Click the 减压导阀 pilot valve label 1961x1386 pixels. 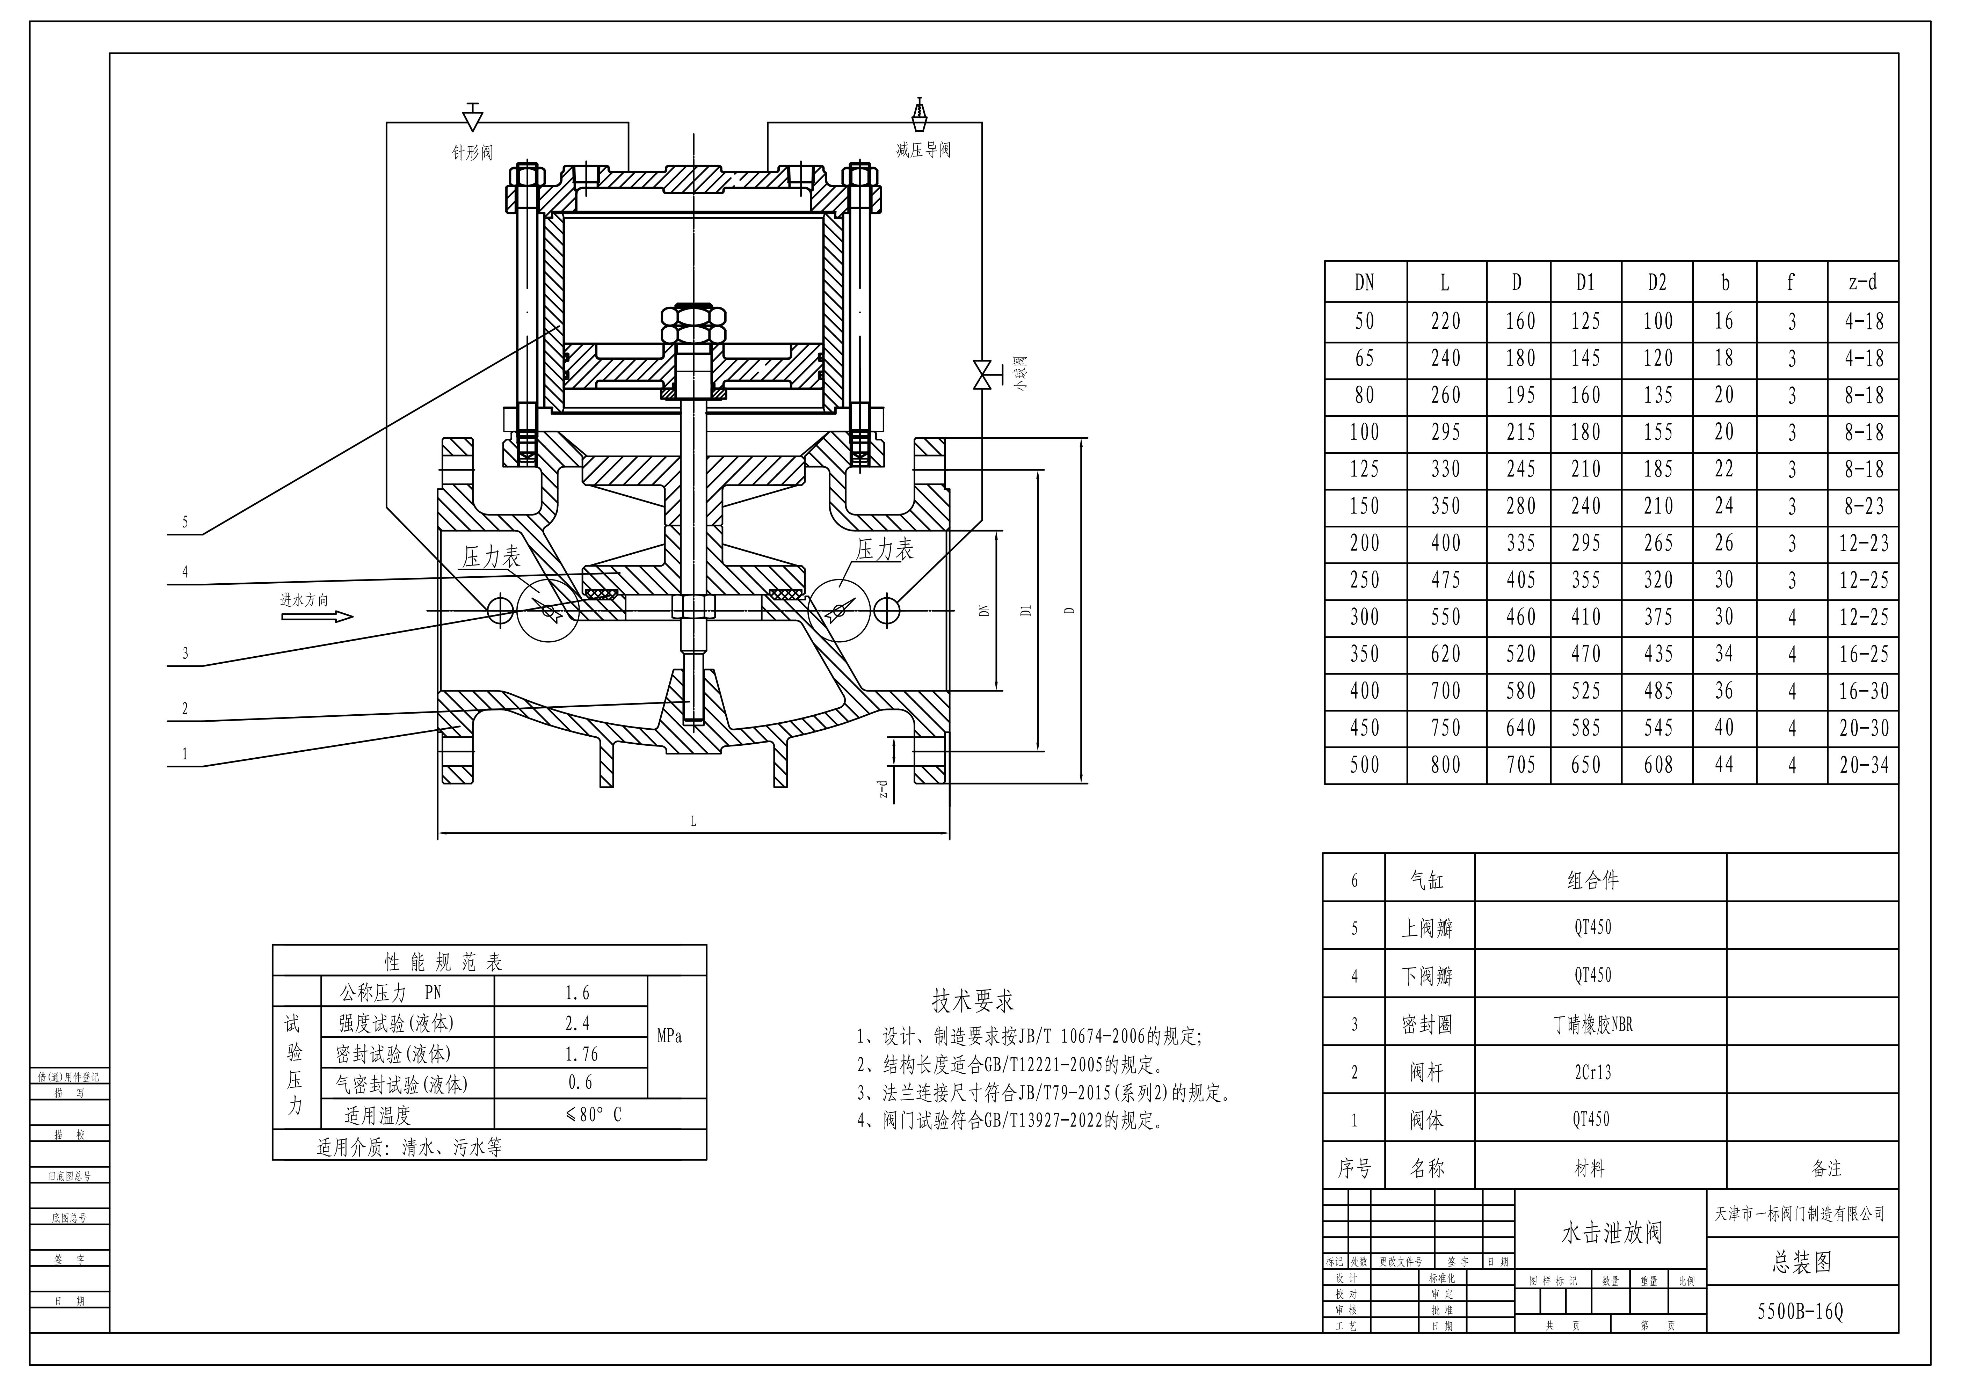click(x=923, y=150)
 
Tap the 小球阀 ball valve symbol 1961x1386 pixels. click(x=981, y=374)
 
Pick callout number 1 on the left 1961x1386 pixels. click(x=185, y=754)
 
